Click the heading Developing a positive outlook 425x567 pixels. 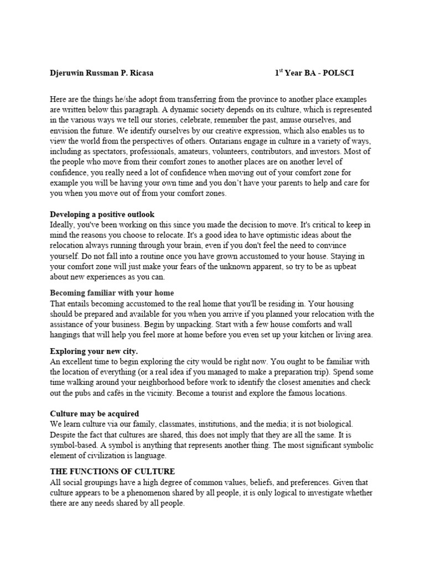(102, 214)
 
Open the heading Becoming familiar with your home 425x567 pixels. (112, 293)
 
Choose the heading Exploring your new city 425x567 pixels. (94, 352)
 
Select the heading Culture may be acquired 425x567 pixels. (95, 414)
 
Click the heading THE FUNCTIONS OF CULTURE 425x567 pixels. (112, 471)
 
